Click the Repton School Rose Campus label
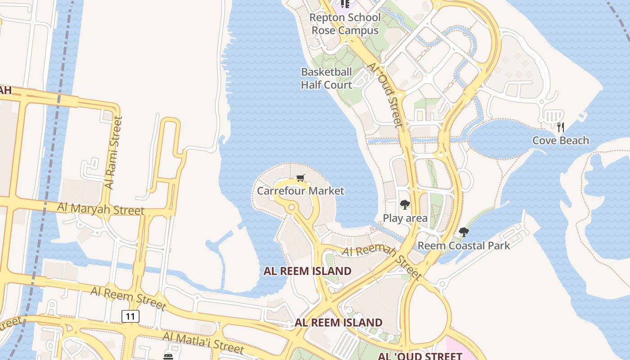click(345, 24)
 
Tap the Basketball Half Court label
click(326, 78)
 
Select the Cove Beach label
click(560, 140)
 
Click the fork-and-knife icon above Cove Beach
click(560, 127)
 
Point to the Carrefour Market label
click(300, 191)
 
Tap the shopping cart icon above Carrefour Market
click(300, 178)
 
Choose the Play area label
click(405, 218)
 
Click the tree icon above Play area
click(405, 205)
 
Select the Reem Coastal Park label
click(463, 246)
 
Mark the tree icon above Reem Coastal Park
click(463, 233)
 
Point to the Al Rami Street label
click(113, 153)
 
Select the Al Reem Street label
click(128, 297)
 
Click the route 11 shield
click(130, 316)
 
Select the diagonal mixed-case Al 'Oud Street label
click(385, 94)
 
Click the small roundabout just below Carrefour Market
click(291, 207)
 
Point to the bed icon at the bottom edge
click(168, 356)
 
